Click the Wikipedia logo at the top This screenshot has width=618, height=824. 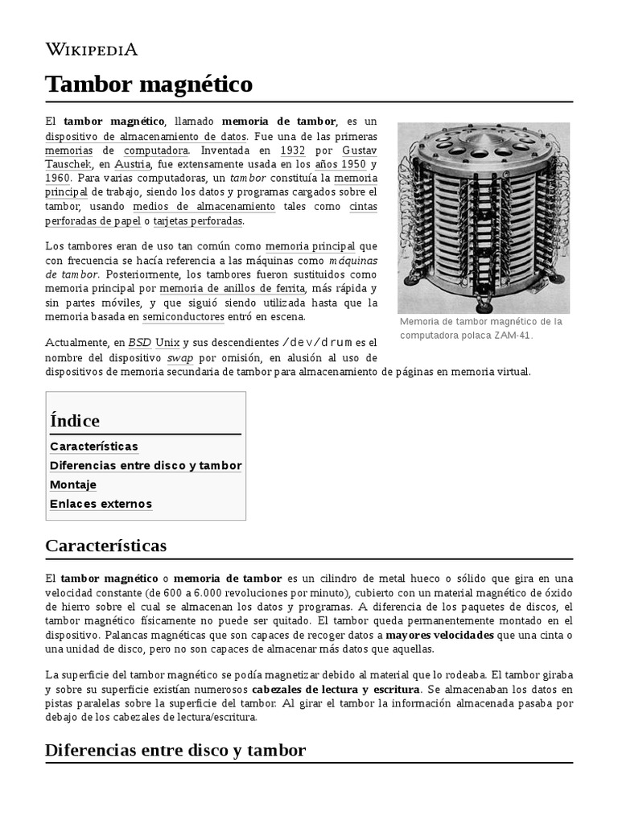pyautogui.click(x=91, y=50)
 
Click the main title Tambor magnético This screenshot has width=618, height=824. pyautogui.click(x=149, y=84)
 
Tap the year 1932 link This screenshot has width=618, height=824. pyautogui.click(x=292, y=150)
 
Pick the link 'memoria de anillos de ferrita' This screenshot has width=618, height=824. pyautogui.click(x=232, y=288)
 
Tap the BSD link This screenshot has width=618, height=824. pyautogui.click(x=139, y=343)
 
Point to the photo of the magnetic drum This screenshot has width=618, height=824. pyautogui.click(x=483, y=217)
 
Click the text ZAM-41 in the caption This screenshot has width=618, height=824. pyautogui.click(x=513, y=336)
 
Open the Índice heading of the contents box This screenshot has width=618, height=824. pyautogui.click(x=75, y=420)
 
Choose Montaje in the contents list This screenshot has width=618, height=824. pyautogui.click(x=73, y=484)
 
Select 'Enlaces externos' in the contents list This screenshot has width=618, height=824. pyautogui.click(x=101, y=504)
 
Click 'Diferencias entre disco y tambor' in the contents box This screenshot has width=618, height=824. pyautogui.click(x=146, y=465)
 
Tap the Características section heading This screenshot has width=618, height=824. pyautogui.click(x=106, y=546)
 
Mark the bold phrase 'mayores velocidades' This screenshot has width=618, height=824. pyautogui.click(x=442, y=635)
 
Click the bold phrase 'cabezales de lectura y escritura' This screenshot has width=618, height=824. pyautogui.click(x=335, y=690)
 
